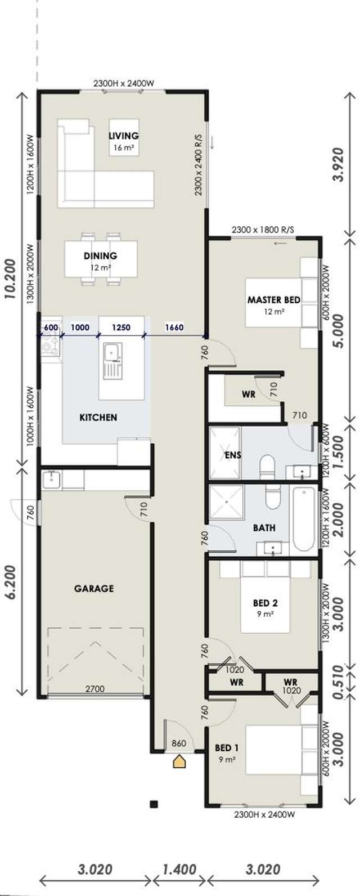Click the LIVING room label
(124, 136)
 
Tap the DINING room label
(101, 256)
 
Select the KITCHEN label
(98, 417)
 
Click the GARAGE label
(94, 589)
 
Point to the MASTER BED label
(273, 299)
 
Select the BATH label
(264, 528)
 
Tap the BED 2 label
(265, 603)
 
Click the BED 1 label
(227, 748)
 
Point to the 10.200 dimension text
(10, 297)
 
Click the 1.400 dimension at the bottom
(179, 869)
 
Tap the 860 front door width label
(178, 743)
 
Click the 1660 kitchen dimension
(174, 327)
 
